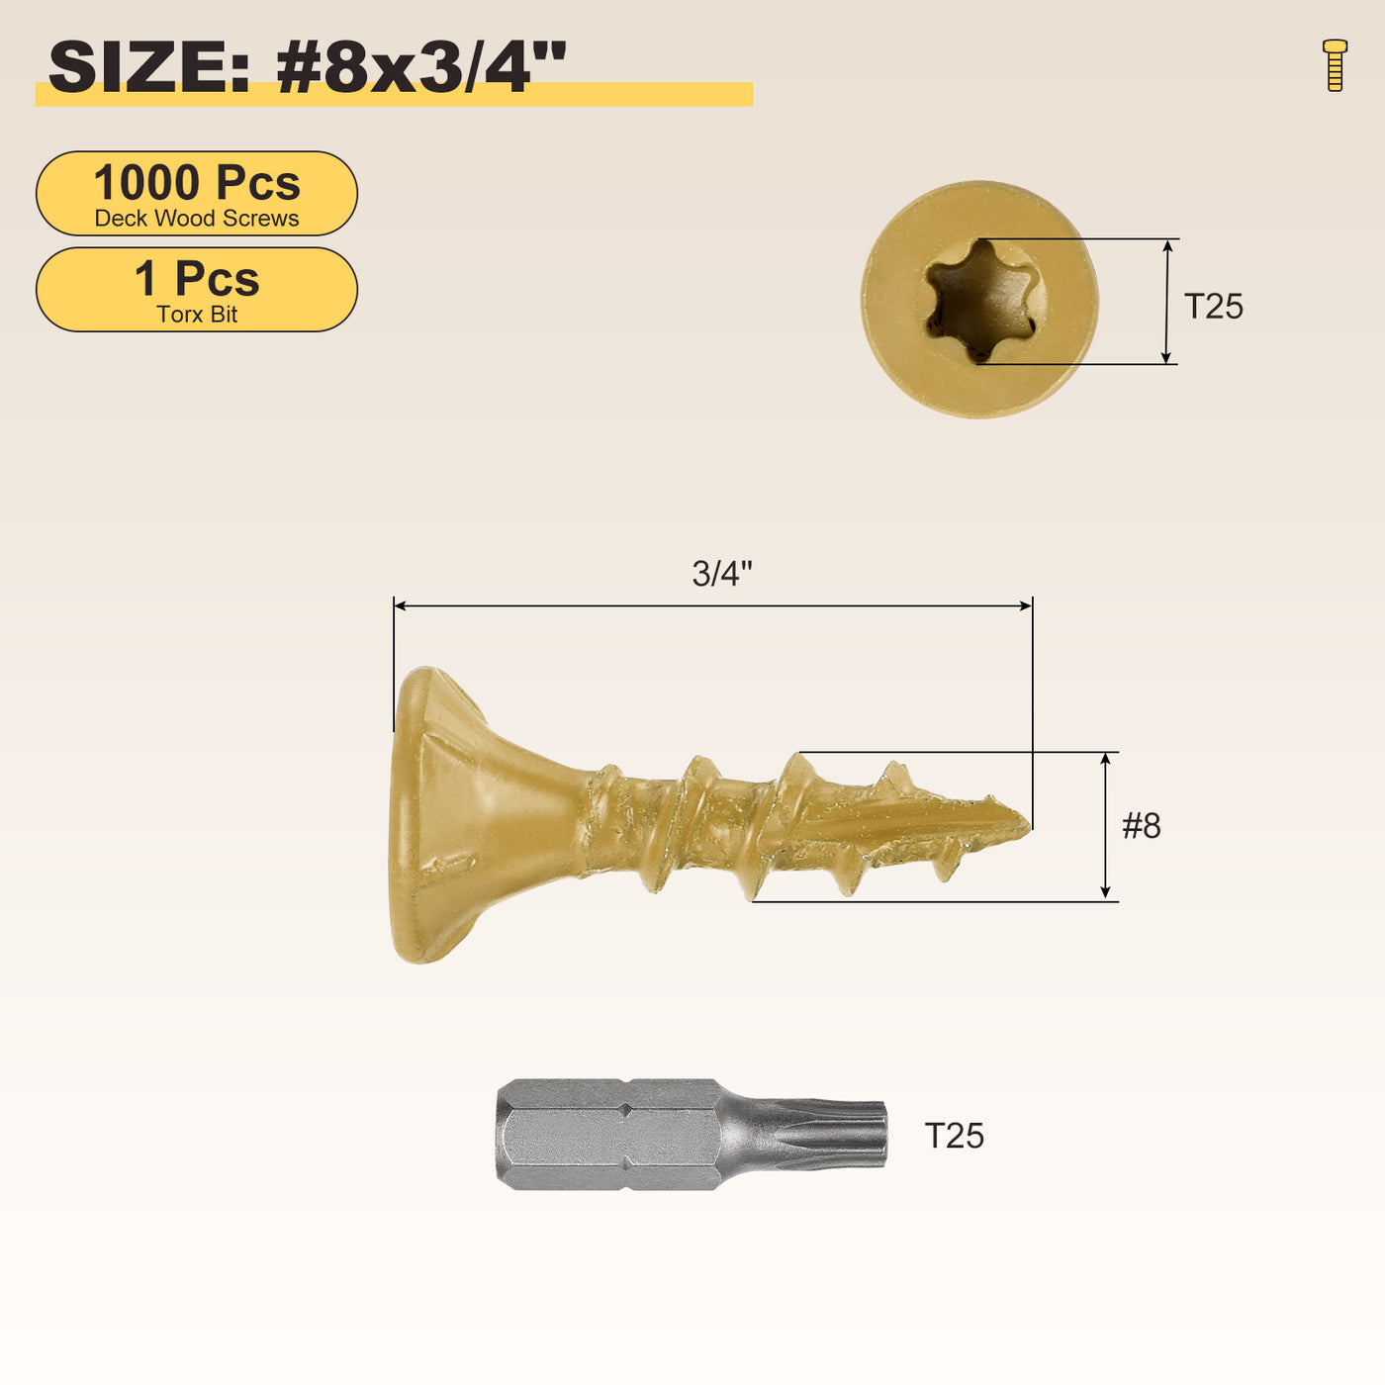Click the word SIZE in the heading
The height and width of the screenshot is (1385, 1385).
pyautogui.click(x=148, y=67)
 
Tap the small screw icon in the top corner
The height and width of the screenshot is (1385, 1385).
pyautogui.click(x=1335, y=65)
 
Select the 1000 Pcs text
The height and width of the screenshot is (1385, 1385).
pyautogui.click(x=197, y=183)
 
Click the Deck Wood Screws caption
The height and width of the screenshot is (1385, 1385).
pyautogui.click(x=197, y=219)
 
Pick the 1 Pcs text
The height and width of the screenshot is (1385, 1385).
pyautogui.click(x=197, y=279)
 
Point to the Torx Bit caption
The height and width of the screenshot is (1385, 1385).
pyautogui.click(x=197, y=315)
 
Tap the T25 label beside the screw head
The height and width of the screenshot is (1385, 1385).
pyautogui.click(x=1213, y=306)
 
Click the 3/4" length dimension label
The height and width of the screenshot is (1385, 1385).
pyautogui.click(x=722, y=574)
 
